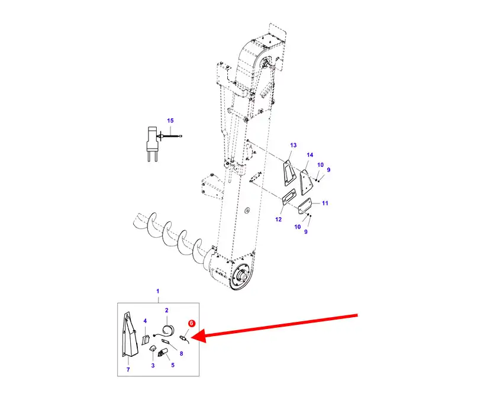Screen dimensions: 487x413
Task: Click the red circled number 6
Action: click(x=191, y=323)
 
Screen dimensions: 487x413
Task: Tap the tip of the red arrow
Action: click(x=191, y=337)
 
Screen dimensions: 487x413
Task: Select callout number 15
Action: click(x=170, y=121)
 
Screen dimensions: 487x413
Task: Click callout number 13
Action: click(x=293, y=145)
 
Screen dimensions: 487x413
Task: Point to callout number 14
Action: click(x=310, y=155)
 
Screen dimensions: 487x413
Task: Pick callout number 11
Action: click(x=325, y=203)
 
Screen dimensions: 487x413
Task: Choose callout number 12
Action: click(x=278, y=220)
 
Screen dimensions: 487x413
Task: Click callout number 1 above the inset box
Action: click(x=158, y=291)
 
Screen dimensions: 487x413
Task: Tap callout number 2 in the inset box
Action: click(x=167, y=310)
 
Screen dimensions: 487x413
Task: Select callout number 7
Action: click(x=128, y=370)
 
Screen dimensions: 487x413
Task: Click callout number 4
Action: click(x=145, y=321)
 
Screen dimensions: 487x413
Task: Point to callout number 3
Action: click(x=153, y=366)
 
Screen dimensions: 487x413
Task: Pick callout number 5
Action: click(x=173, y=365)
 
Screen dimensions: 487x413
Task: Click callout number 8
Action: click(x=182, y=353)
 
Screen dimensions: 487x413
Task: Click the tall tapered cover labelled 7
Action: click(x=130, y=335)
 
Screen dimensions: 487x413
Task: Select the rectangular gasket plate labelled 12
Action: click(x=289, y=198)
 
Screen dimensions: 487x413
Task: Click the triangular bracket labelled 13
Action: click(x=289, y=173)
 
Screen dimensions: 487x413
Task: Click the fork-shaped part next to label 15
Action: click(x=152, y=144)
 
